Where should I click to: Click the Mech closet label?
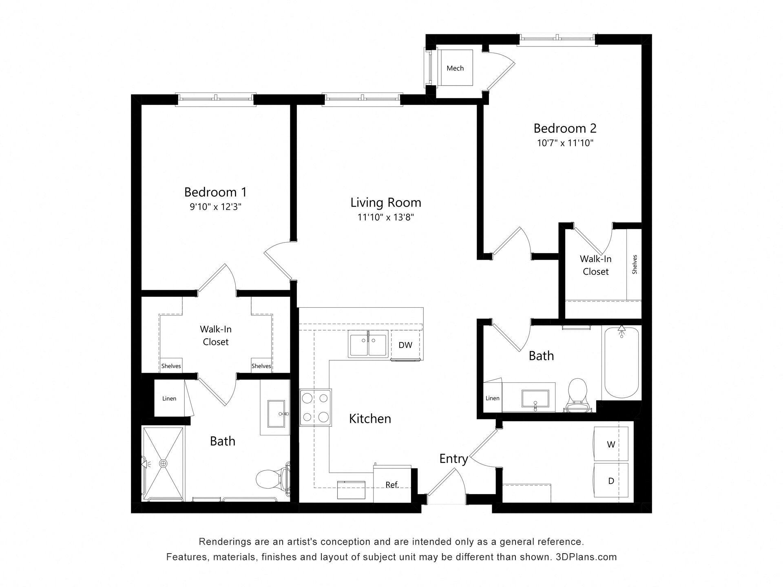[455, 68]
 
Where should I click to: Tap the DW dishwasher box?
[405, 345]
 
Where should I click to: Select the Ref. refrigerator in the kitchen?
[392, 485]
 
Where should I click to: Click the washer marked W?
[610, 444]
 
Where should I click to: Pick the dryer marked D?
[610, 481]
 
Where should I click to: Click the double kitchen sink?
[368, 345]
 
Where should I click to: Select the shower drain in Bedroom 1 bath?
[163, 463]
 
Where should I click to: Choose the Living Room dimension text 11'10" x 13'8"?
[386, 218]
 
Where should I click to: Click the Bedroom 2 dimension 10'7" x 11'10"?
[565, 143]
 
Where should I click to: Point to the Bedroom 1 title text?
[215, 192]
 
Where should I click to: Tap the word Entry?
[453, 459]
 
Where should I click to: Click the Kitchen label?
[370, 419]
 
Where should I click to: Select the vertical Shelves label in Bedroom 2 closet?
[634, 264]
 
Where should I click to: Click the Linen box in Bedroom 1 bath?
[169, 398]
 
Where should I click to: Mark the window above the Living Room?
[362, 99]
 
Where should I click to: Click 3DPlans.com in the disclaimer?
[586, 557]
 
